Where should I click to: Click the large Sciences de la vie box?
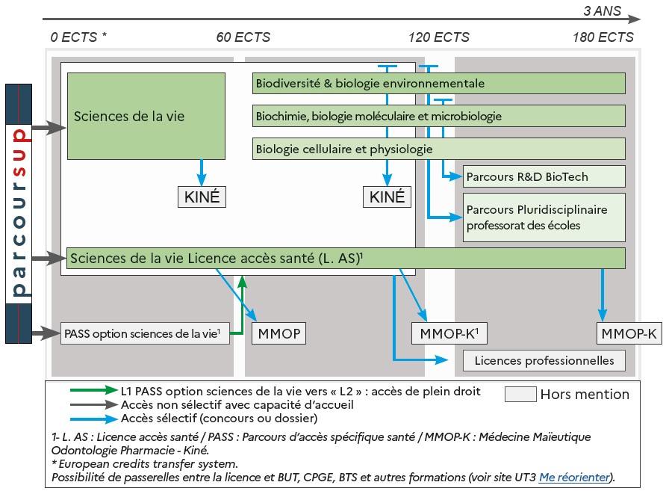(x=146, y=116)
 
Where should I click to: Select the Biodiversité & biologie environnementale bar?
(x=438, y=84)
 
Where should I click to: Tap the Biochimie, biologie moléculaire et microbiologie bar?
(x=438, y=116)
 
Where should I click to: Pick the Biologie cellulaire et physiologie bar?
(x=438, y=149)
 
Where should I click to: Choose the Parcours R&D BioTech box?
(x=544, y=177)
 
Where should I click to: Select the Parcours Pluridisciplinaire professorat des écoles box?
(x=544, y=217)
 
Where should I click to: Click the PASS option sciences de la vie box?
(x=145, y=333)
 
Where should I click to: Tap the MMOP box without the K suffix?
(x=280, y=333)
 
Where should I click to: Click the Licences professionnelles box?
(x=544, y=360)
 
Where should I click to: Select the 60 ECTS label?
(x=243, y=37)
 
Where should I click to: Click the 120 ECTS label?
(x=439, y=37)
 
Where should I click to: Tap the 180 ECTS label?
(x=603, y=37)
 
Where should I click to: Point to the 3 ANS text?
(x=602, y=12)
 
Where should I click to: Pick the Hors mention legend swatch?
(x=520, y=394)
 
